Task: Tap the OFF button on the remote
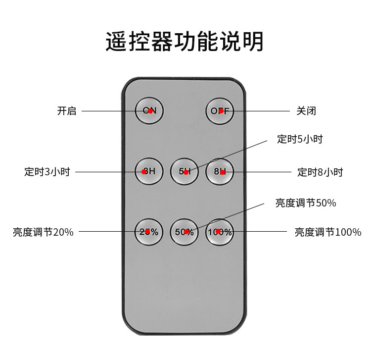pyautogui.click(x=220, y=111)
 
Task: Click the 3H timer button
pyautogui.click(x=149, y=171)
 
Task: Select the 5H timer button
pyautogui.click(x=185, y=172)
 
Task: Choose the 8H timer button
pyautogui.click(x=220, y=172)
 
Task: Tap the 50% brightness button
pyautogui.click(x=184, y=232)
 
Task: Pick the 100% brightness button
pyautogui.click(x=220, y=232)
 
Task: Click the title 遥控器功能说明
pyautogui.click(x=185, y=42)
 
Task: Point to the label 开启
pyautogui.click(x=67, y=111)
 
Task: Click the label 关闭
pyautogui.click(x=306, y=111)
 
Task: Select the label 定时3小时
pyautogui.click(x=47, y=172)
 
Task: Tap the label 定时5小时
pyautogui.click(x=300, y=139)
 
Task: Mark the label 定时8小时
pyautogui.click(x=320, y=172)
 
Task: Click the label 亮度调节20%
pyautogui.click(x=43, y=232)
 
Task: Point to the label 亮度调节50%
pyautogui.click(x=306, y=203)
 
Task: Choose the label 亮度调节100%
pyautogui.click(x=328, y=232)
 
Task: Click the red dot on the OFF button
pyautogui.click(x=221, y=111)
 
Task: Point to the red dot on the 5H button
pyautogui.click(x=186, y=172)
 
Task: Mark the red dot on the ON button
pyautogui.click(x=150, y=110)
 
